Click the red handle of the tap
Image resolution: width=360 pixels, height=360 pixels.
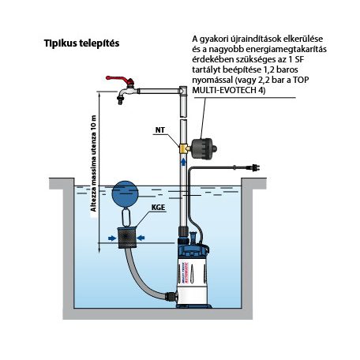point(119,80)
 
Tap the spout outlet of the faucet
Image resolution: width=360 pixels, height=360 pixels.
point(120,101)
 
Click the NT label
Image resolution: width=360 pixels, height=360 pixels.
point(160,130)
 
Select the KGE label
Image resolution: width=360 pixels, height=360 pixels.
point(158,208)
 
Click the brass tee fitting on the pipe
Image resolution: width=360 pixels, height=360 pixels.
point(184,148)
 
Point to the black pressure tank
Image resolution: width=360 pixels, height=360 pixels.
point(203,148)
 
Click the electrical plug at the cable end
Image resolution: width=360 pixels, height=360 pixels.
point(254,168)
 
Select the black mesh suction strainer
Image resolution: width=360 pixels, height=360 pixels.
point(127,238)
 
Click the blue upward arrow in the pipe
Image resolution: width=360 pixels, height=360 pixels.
point(183,161)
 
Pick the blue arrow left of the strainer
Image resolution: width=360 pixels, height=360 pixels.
point(112,238)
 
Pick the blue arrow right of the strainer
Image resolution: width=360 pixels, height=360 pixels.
point(141,238)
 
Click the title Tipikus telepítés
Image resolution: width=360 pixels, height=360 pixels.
point(81,43)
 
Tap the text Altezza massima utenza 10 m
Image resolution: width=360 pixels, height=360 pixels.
point(93,163)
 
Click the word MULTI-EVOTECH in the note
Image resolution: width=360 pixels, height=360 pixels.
point(225,90)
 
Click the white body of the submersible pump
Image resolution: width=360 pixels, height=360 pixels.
point(193,280)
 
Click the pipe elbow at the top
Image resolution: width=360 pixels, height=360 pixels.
point(183,91)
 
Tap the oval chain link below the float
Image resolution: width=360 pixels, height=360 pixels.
point(126,217)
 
